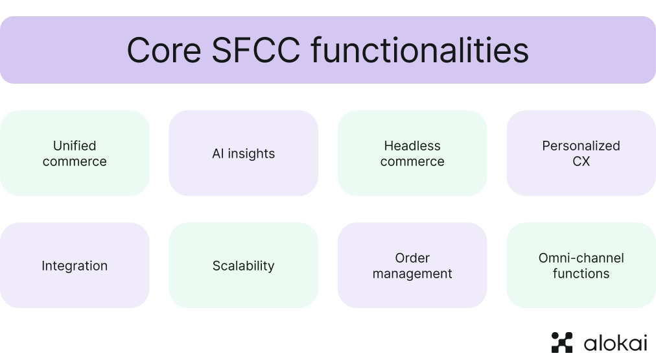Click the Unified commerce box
(75, 153)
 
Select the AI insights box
(243, 153)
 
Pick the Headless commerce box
(412, 153)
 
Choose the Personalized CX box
(581, 153)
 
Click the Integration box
(75, 265)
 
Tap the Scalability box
(243, 265)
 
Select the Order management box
(412, 265)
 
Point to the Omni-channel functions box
(581, 265)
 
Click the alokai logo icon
(562, 342)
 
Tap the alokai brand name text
(615, 343)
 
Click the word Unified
(75, 146)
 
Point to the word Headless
(412, 146)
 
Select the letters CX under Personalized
(581, 162)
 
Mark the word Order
(412, 258)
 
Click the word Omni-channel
(581, 258)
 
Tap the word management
(412, 274)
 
